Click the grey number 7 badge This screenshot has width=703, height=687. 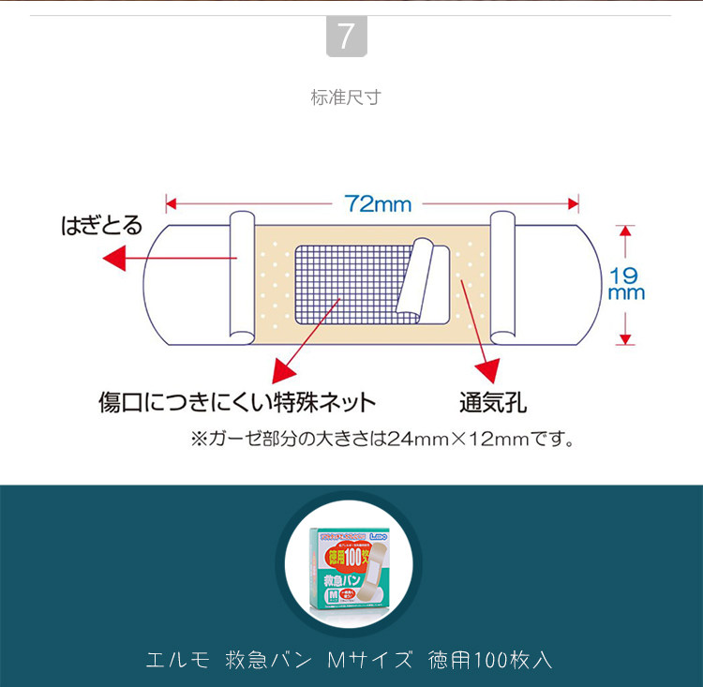click(346, 37)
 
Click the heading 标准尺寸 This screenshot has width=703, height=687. click(346, 97)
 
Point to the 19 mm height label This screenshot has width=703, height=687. click(625, 283)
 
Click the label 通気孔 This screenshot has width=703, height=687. click(491, 403)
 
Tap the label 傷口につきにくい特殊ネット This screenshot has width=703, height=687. click(237, 403)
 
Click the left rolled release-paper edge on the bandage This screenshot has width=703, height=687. click(242, 276)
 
